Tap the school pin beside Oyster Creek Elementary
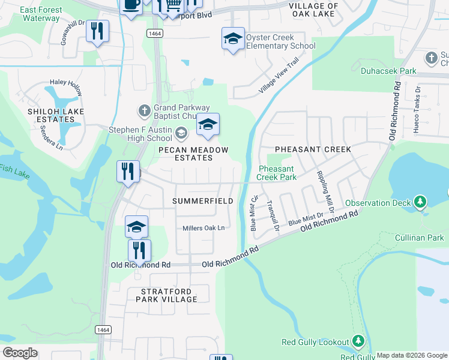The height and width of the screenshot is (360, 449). pos(233,40)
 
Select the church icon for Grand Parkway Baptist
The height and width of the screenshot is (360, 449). pos(143,111)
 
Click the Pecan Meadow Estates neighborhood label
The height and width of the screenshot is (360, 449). pos(185,154)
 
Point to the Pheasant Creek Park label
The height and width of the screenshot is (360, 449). pos(277,173)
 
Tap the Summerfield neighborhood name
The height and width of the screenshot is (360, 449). pos(203,201)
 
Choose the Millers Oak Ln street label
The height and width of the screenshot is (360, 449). pos(203,228)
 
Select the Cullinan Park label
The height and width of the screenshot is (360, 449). pos(419,238)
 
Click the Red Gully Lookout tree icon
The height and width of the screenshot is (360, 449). pos(358,341)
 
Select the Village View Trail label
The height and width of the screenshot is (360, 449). pos(279,75)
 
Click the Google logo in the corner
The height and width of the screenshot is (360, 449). pos(19,353)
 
